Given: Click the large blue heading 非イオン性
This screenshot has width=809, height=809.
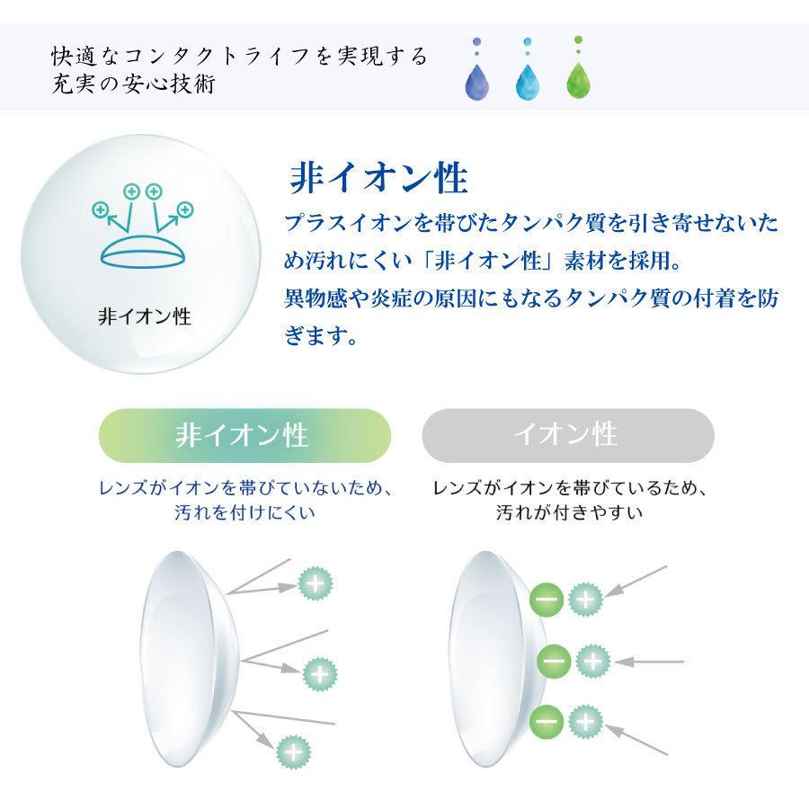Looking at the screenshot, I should pyautogui.click(x=378, y=177).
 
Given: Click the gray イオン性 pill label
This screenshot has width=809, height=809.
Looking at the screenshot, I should pyautogui.click(x=567, y=435).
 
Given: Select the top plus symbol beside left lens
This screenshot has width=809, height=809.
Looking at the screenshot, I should pyautogui.click(x=315, y=583).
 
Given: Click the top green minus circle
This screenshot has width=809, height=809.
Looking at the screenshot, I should pyautogui.click(x=547, y=598).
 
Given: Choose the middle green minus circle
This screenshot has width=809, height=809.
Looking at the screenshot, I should pyautogui.click(x=553, y=662).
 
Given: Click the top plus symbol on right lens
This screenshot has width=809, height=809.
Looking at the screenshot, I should pyautogui.click(x=584, y=598).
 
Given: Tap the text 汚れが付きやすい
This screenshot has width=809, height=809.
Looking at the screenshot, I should pyautogui.click(x=569, y=513).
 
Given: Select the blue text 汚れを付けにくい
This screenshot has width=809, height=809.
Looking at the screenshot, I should pyautogui.click(x=244, y=513).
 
